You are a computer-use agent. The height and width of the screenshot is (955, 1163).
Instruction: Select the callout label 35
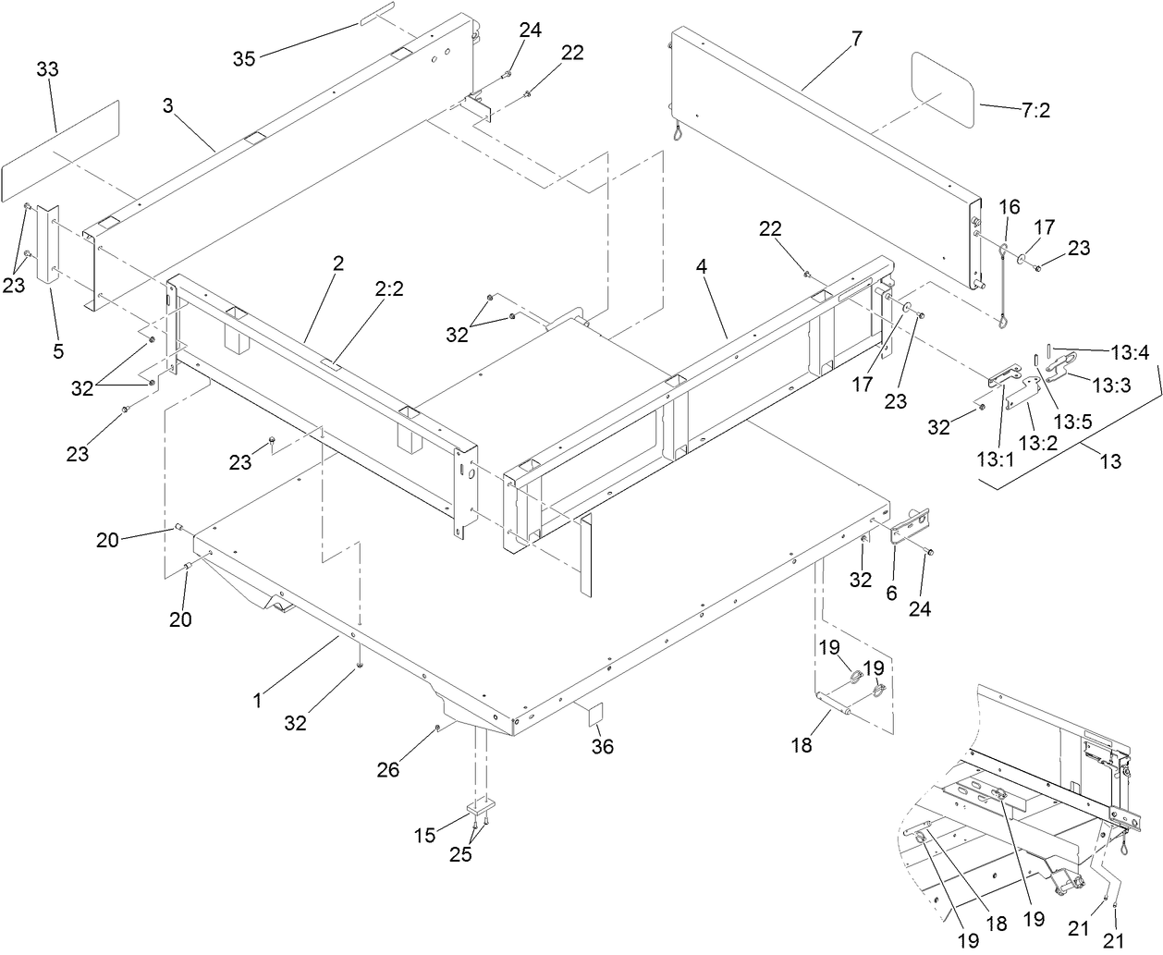[x=244, y=59]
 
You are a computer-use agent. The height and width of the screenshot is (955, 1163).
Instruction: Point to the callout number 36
[x=603, y=745]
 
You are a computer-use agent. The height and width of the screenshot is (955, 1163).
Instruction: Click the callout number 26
[x=388, y=768]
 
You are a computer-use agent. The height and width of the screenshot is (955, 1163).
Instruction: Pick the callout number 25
[x=460, y=854]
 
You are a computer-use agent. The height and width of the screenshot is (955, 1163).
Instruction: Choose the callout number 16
[x=1009, y=207]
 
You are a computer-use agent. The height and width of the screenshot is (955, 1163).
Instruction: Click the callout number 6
[x=891, y=593]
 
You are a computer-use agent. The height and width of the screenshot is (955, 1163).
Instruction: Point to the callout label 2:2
[x=390, y=289]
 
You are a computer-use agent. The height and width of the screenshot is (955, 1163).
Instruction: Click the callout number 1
[x=258, y=701]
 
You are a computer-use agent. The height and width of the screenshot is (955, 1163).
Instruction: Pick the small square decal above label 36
[x=595, y=713]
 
